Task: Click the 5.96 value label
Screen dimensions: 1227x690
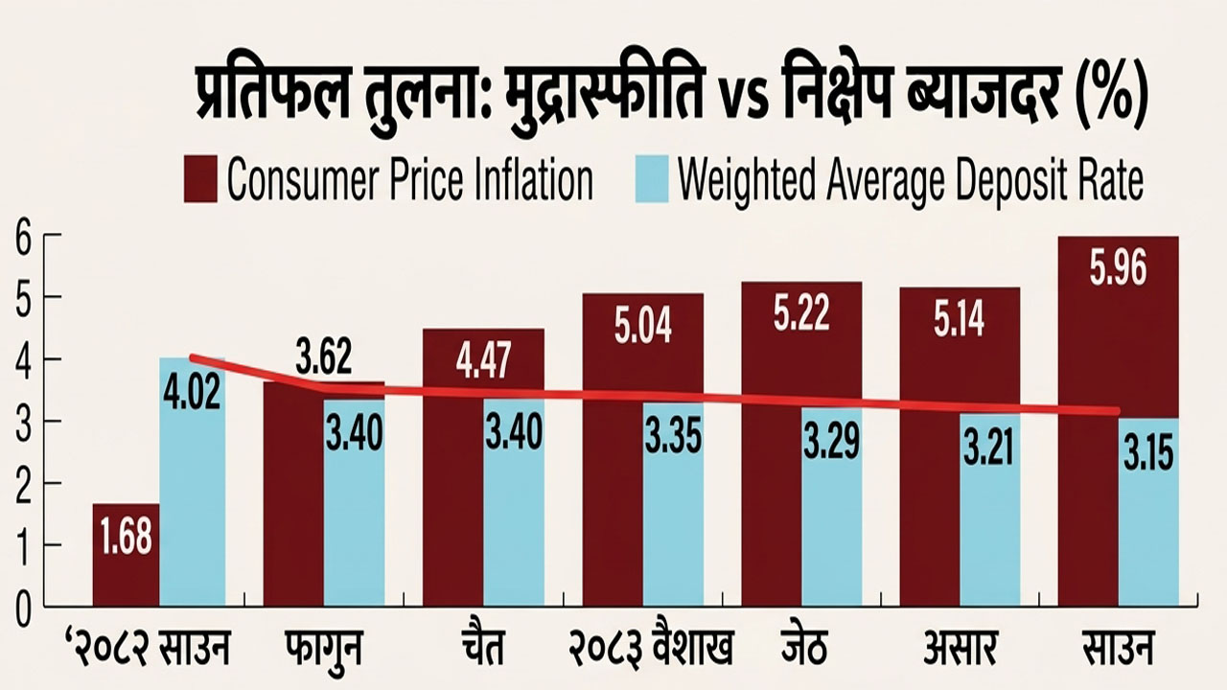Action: point(1118,269)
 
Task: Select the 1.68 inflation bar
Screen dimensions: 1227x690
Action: point(126,555)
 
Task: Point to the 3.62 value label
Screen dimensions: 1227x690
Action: point(323,356)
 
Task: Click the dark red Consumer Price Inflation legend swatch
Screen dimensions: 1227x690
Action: point(200,178)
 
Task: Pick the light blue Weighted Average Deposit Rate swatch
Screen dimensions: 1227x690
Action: point(652,178)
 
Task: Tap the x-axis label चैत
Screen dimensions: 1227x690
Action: point(482,647)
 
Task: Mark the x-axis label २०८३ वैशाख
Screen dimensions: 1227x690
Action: point(651,648)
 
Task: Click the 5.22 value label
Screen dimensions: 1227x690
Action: point(801,314)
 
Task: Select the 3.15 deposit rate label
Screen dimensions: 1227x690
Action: point(1148,454)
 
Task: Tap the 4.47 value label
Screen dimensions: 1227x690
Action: point(484,360)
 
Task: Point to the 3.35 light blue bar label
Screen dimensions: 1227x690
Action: point(673,436)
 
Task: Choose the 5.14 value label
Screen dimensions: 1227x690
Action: point(960,319)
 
